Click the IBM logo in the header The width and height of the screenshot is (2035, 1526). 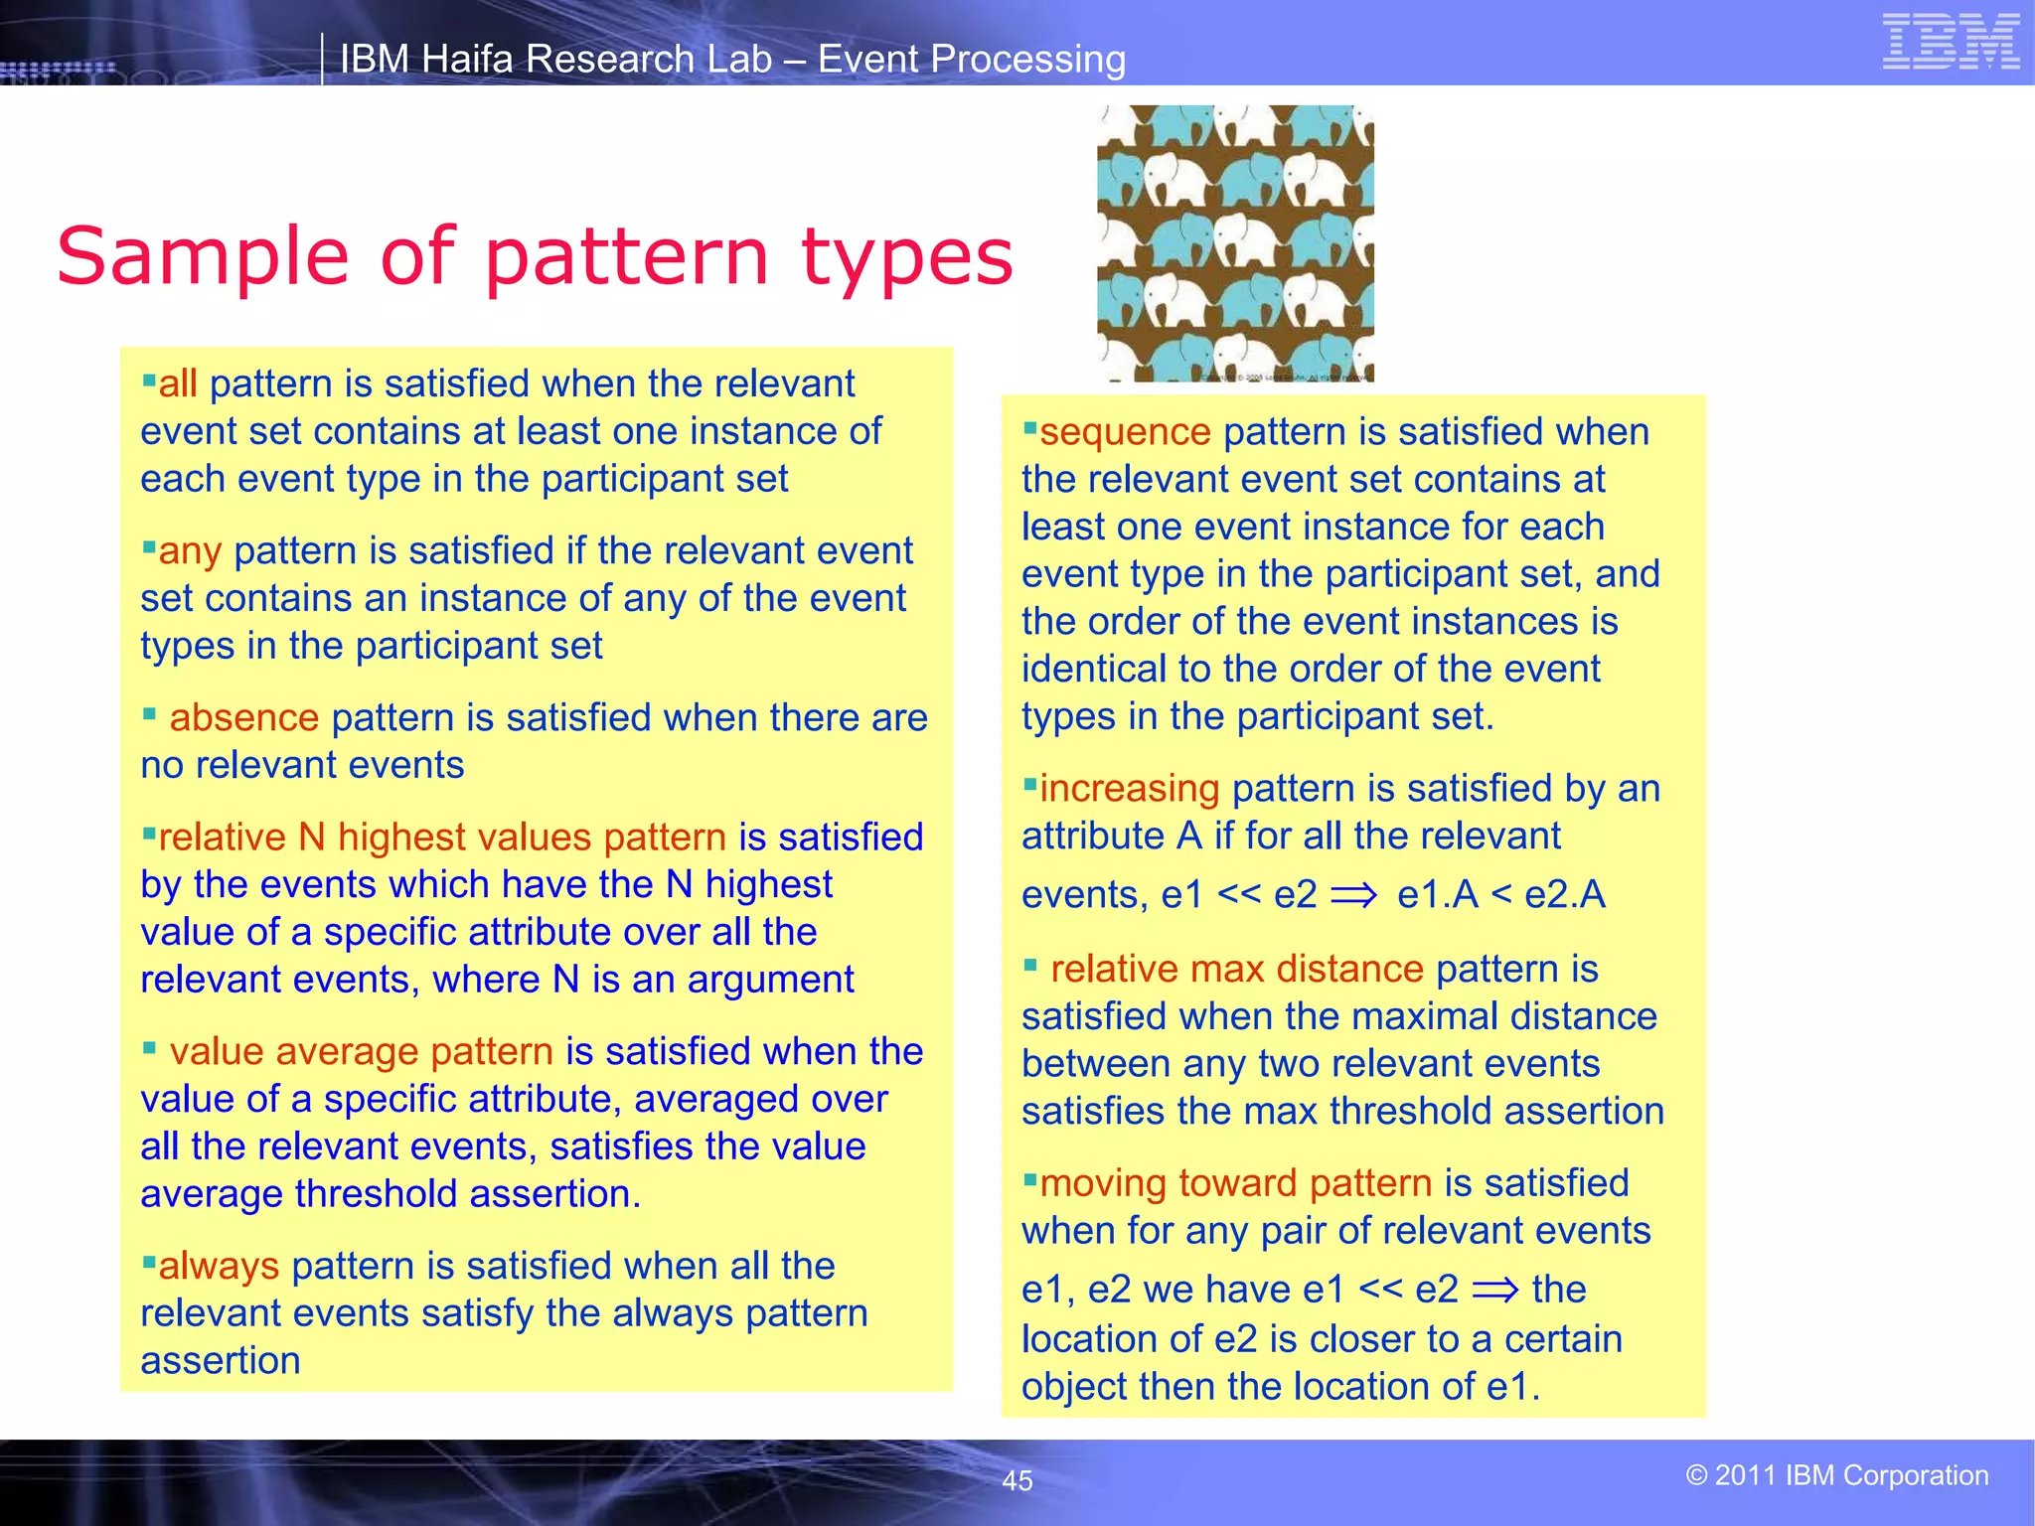(1951, 43)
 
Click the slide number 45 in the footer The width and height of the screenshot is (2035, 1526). (1017, 1480)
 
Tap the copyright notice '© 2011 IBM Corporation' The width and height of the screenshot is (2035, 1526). (1836, 1475)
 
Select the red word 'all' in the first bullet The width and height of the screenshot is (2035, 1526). (178, 383)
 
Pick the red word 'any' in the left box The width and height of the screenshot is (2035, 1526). (190, 551)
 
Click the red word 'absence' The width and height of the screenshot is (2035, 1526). (243, 717)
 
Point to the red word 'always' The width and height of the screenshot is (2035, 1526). (219, 1266)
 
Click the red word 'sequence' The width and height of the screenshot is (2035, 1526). (1125, 432)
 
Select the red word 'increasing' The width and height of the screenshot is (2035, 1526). (1129, 789)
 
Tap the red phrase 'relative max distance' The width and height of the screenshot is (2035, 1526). (1237, 969)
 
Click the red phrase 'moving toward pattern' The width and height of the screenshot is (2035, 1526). (1235, 1183)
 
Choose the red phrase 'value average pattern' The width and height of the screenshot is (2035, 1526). (361, 1051)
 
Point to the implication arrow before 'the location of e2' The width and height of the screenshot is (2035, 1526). (1494, 1291)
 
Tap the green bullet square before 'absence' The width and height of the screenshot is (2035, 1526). (149, 713)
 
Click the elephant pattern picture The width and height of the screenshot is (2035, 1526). (1235, 243)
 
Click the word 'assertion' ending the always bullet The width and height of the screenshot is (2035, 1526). (221, 1361)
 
